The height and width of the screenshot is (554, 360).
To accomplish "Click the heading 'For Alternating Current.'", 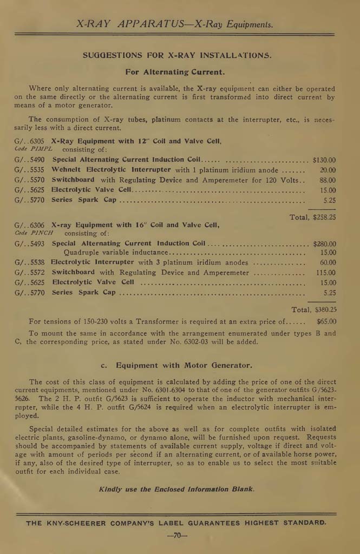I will pos(175,71).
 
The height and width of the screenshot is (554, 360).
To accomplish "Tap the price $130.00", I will pos(324,160).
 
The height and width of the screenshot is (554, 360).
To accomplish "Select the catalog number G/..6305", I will pos(29,141).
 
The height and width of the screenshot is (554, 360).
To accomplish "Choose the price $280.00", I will pos(324,244).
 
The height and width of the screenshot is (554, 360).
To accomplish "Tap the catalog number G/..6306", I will pos(29,225).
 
